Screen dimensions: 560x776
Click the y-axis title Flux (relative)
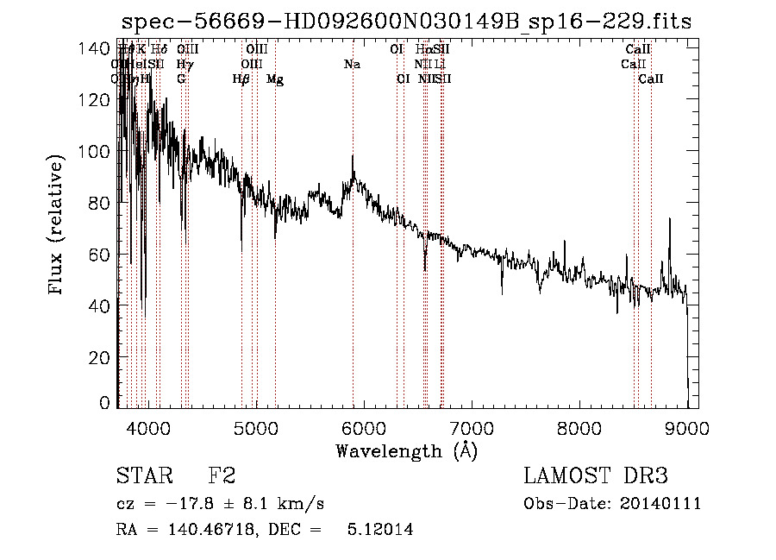pyautogui.click(x=57, y=225)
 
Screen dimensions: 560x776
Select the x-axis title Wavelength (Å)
pyautogui.click(x=406, y=450)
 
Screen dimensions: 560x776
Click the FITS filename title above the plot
pyautogui.click(x=406, y=22)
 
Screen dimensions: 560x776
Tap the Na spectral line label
pyautogui.click(x=352, y=64)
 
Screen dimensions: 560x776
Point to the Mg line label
pyautogui.click(x=275, y=79)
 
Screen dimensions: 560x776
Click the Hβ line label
pyautogui.click(x=241, y=79)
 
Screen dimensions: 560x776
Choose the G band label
pyautogui.click(x=181, y=79)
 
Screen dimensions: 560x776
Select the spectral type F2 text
pyautogui.click(x=222, y=476)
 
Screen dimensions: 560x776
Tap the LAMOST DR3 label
pyautogui.click(x=596, y=476)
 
